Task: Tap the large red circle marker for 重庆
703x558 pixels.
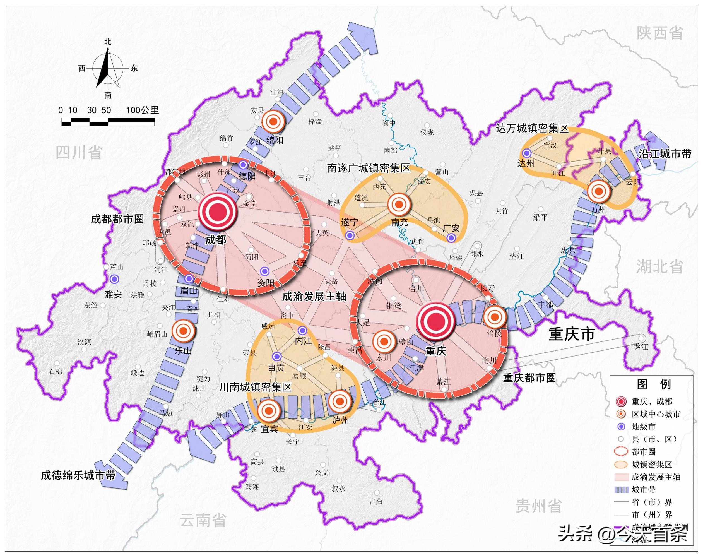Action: pos(436,322)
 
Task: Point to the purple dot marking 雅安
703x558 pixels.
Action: pos(114,279)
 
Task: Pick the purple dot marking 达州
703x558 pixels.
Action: pos(527,153)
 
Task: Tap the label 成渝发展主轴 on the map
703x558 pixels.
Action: pos(314,297)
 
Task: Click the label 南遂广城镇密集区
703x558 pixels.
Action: pos(369,168)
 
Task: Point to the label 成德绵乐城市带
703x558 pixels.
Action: pos(78,475)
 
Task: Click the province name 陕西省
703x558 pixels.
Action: pos(660,33)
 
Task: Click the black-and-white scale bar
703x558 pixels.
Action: pos(108,122)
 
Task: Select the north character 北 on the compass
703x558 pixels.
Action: pos(108,42)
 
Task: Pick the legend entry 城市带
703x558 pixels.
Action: pos(644,490)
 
